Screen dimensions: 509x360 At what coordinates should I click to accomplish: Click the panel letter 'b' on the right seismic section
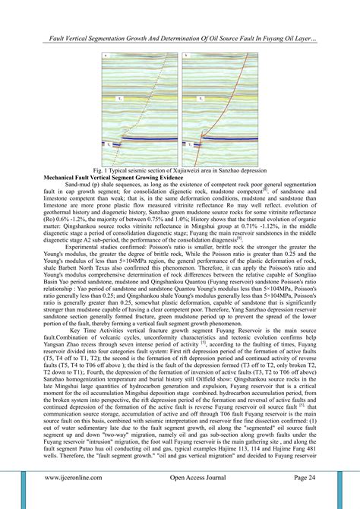point(186,56)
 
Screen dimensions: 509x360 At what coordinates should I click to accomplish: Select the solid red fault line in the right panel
point(225,106)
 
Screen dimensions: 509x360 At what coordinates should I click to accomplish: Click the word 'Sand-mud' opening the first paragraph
point(79,186)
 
